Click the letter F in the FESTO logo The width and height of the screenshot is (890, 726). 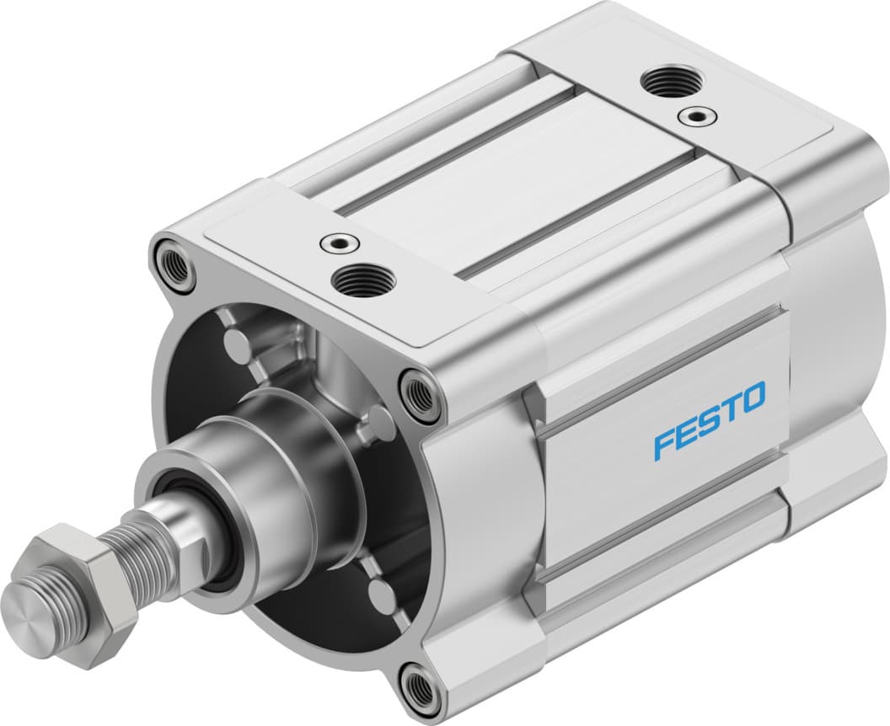[665, 442]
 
